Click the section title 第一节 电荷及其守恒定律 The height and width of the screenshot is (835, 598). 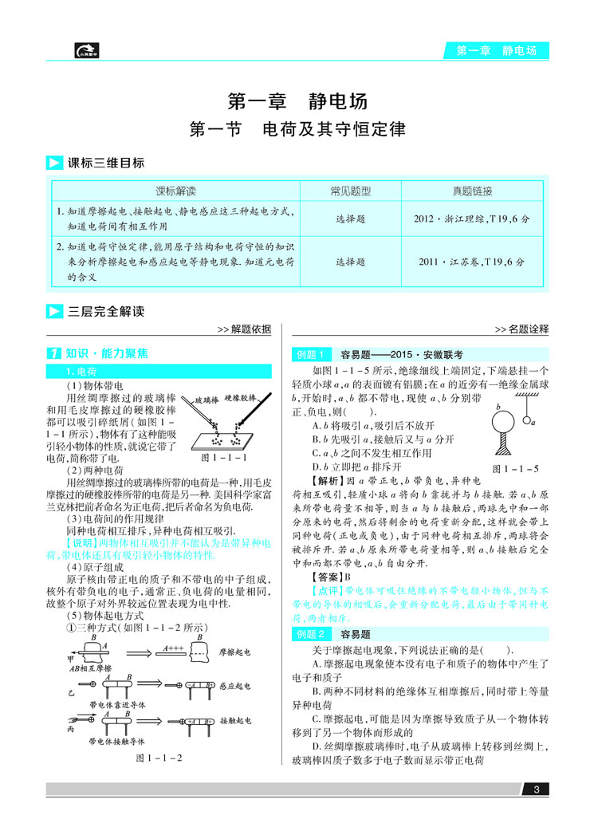coord(297,129)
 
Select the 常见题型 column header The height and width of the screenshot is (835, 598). coord(351,191)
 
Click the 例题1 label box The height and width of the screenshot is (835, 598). coord(311,353)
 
